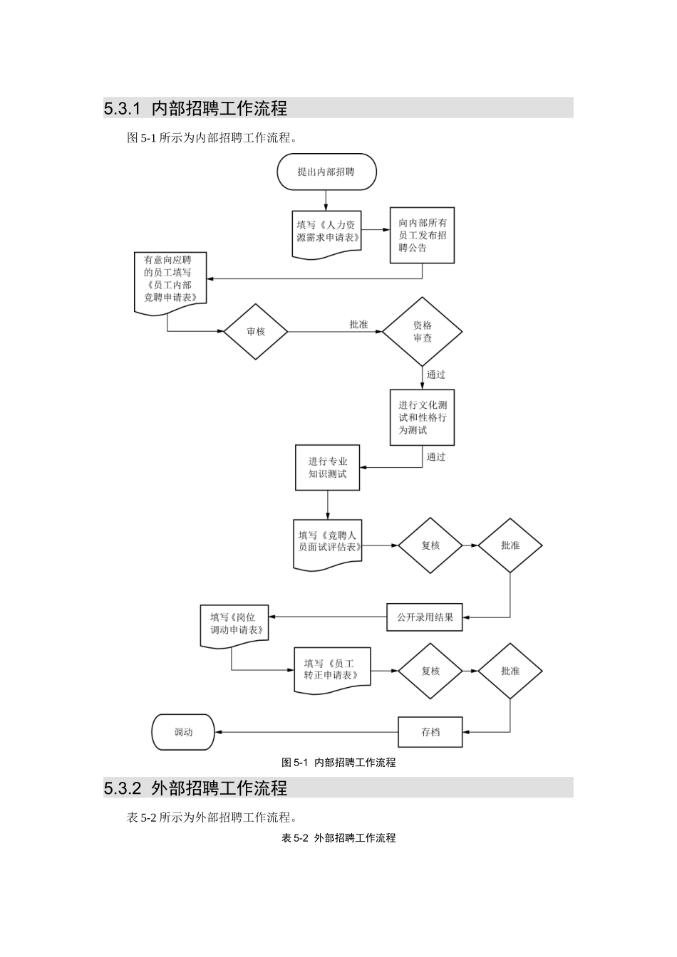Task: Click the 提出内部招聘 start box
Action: [326, 172]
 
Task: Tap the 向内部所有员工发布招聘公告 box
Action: [422, 235]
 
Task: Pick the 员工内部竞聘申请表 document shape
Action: [170, 280]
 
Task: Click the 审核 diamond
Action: [255, 331]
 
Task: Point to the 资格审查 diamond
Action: [422, 331]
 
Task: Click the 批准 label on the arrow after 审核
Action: [358, 325]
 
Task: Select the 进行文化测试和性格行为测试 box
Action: [422, 417]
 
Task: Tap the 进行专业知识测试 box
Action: [327, 468]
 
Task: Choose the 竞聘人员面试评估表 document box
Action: [328, 543]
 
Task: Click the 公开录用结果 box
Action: [425, 617]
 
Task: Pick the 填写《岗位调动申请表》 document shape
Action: [234, 624]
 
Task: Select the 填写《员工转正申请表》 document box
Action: [332, 669]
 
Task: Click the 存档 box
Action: [430, 732]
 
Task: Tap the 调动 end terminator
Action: [183, 732]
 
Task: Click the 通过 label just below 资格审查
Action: [436, 375]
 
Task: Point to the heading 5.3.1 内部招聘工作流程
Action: [195, 108]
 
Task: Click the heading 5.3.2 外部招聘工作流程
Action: [195, 788]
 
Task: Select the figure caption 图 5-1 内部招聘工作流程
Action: [338, 763]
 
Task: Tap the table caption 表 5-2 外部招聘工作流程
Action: [338, 838]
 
